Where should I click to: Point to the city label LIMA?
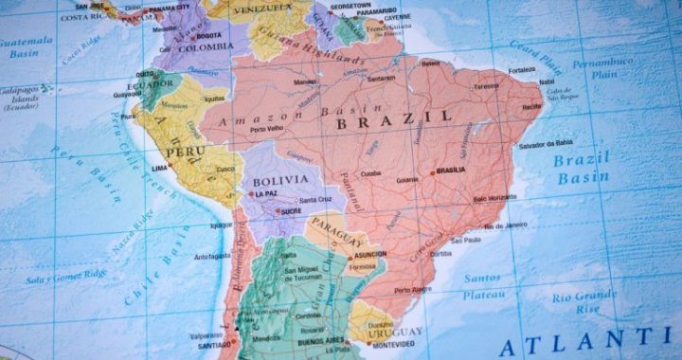159,168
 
